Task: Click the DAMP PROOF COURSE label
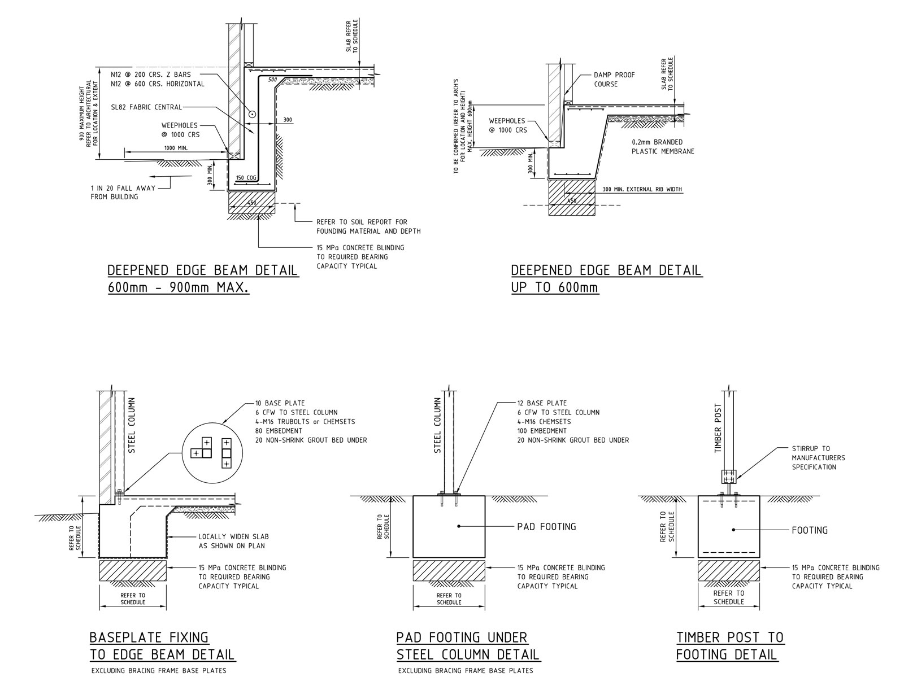tap(614, 80)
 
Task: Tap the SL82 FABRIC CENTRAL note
tap(146, 107)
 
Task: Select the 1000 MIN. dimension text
tap(176, 148)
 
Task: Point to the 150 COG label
tap(246, 178)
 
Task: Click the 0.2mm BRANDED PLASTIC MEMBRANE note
tap(663, 146)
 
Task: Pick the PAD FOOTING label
tap(546, 526)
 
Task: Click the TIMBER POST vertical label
tap(718, 429)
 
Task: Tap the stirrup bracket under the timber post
tap(728, 477)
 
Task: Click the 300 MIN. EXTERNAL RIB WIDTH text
tap(642, 189)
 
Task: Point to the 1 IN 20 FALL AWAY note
tap(123, 192)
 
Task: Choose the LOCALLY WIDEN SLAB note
tap(233, 541)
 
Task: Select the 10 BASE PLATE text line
tap(280, 403)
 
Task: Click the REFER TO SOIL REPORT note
tap(368, 226)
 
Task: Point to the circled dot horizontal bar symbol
tap(251, 114)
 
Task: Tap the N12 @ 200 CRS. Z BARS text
tap(151, 75)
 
